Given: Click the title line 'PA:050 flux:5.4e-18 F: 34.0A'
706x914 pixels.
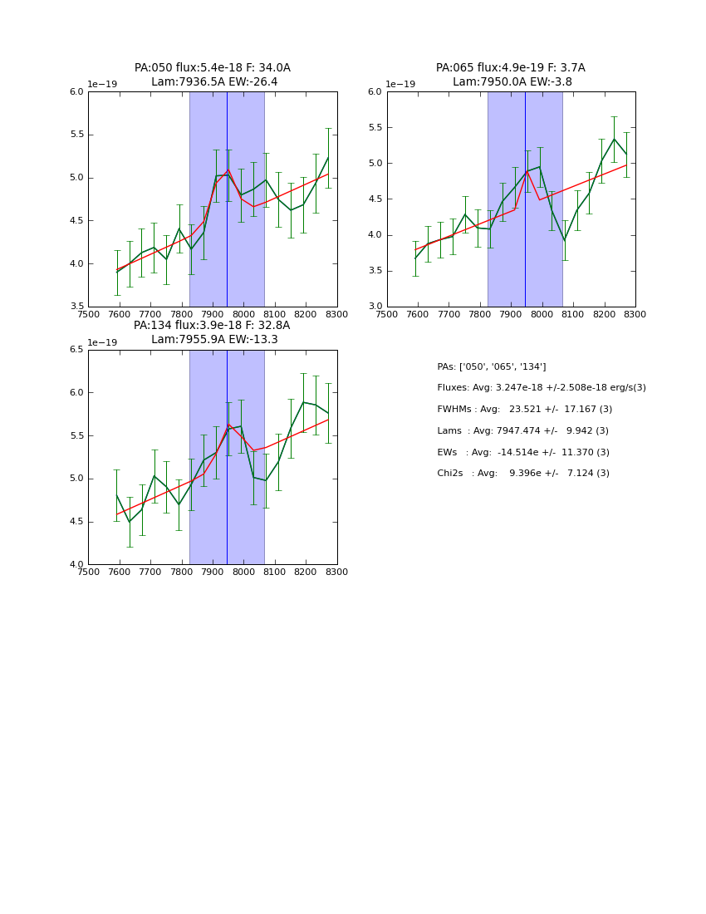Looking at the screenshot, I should click(213, 68).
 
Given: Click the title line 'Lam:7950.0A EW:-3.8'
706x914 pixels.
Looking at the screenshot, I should click(512, 82).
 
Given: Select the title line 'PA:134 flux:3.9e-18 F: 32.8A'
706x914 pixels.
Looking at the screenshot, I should click(212, 326).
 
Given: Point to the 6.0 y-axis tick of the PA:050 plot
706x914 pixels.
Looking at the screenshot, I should click(76, 92).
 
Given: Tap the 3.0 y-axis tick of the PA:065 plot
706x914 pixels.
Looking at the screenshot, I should click(375, 307).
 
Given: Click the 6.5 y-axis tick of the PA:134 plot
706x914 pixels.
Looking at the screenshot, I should click(76, 350).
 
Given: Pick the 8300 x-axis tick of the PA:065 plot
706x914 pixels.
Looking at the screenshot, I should click(635, 315).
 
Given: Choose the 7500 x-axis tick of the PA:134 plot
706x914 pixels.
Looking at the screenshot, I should click(88, 572).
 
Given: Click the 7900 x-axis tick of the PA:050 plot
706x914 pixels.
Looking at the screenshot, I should click(213, 315).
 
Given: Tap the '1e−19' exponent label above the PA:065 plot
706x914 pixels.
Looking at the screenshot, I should click(401, 84).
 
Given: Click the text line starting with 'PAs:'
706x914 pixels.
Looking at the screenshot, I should click(492, 366).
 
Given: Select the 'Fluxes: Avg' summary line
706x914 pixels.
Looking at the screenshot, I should click(542, 388).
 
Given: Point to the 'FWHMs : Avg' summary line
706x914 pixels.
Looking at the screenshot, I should click(525, 410).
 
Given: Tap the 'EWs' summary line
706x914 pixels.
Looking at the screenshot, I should click(523, 453).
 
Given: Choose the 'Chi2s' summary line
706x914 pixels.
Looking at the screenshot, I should click(523, 474).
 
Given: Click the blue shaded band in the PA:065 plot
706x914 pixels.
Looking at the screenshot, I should click(545, 249).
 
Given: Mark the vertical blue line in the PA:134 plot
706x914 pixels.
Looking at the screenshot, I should click(227, 499).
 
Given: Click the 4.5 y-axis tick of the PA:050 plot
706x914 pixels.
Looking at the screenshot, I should click(76, 221).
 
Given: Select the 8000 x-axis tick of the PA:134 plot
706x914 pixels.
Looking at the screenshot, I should click(243, 572).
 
